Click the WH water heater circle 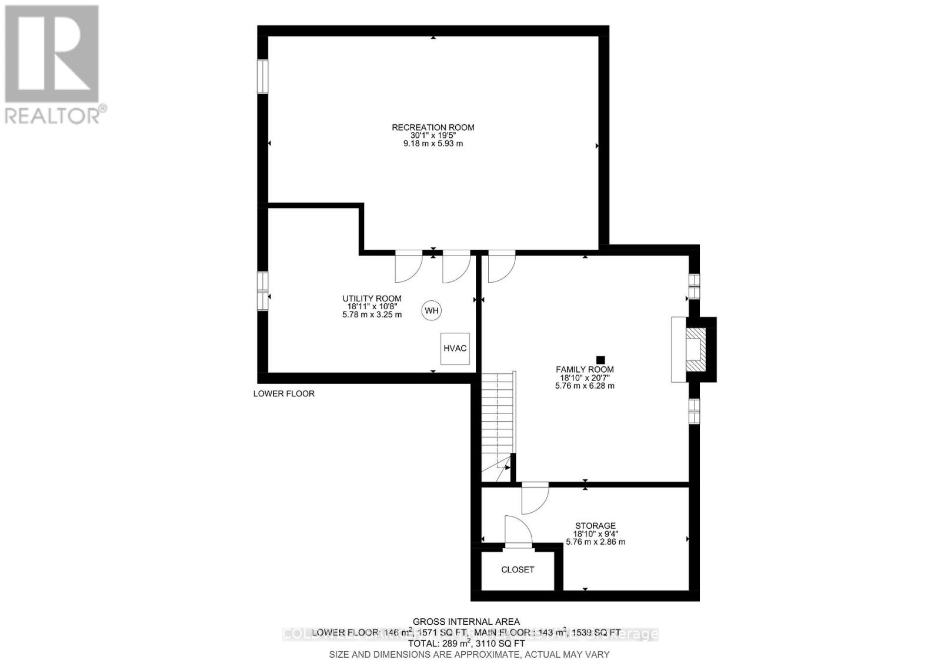[432, 311]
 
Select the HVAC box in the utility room [455, 349]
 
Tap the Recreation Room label [433, 127]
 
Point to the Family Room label [585, 370]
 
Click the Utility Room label [372, 299]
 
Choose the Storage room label [595, 526]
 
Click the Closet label [518, 569]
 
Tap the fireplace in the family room [696, 350]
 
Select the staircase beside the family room [498, 424]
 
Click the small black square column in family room [600, 359]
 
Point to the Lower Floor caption [283, 393]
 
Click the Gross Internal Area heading [466, 621]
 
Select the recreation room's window [262, 76]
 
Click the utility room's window [262, 290]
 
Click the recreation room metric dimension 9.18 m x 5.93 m [433, 143]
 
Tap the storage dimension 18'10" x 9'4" [595, 534]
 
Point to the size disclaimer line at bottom [469, 654]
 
